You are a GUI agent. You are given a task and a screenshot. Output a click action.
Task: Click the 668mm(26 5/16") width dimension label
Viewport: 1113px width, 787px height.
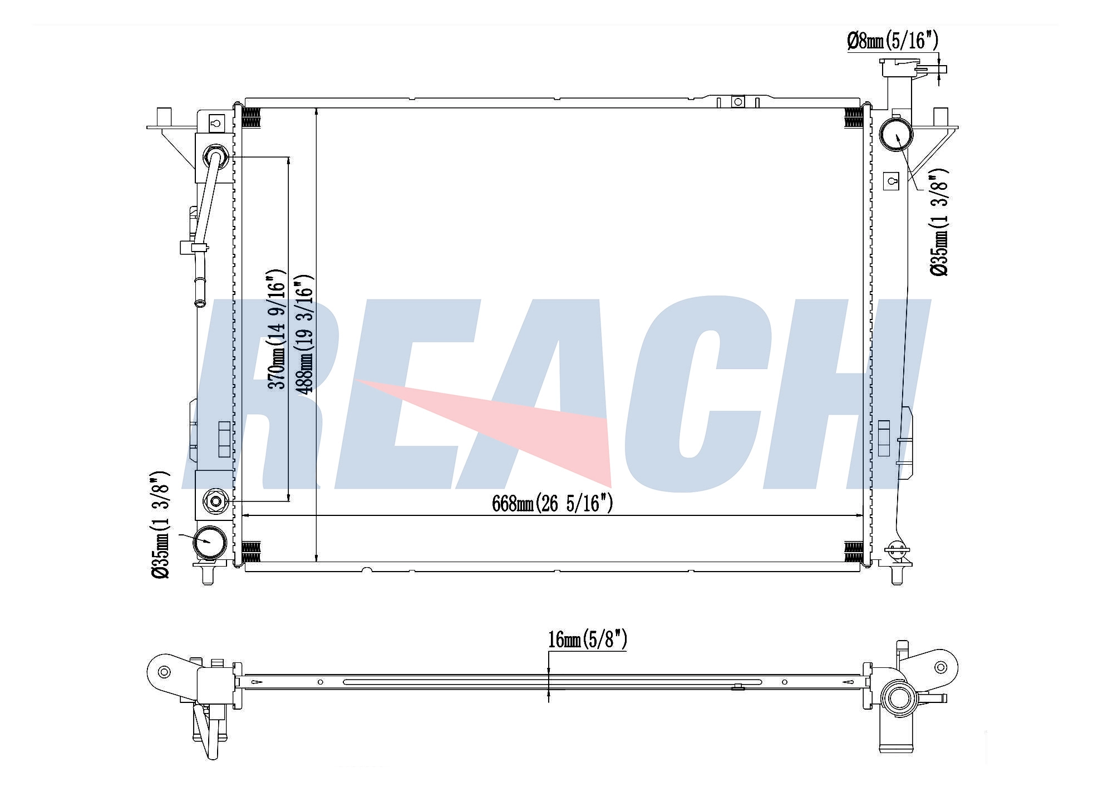[552, 504]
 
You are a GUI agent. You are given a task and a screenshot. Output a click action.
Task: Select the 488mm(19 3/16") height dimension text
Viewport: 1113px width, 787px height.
[304, 334]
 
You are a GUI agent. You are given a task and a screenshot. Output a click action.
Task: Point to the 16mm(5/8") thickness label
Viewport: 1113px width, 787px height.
[588, 640]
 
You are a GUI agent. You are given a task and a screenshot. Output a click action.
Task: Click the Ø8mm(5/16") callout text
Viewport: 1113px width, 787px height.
[893, 41]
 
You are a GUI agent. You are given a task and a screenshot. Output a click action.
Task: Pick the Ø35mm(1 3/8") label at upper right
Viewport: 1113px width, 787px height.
[939, 222]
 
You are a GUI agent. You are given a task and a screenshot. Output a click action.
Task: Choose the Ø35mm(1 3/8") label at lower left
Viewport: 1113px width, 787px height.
[160, 525]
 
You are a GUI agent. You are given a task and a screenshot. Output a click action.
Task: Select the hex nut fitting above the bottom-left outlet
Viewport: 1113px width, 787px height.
[215, 501]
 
